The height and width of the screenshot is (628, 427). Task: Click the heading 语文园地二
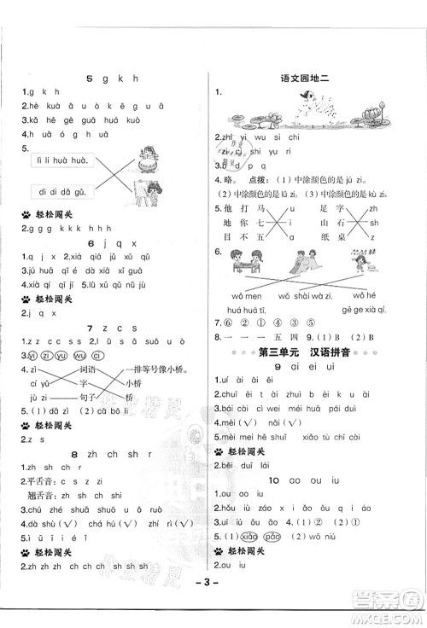(313, 78)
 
